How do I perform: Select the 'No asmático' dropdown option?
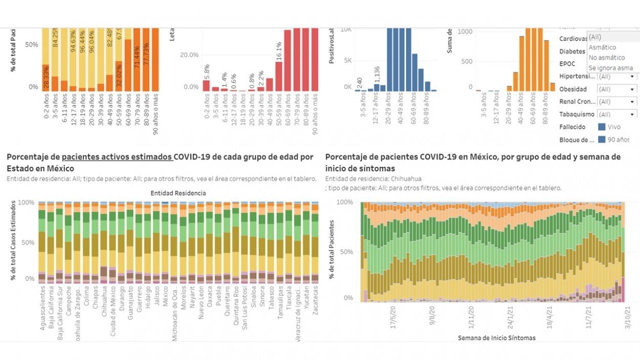[607, 57]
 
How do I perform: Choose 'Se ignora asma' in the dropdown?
[610, 68]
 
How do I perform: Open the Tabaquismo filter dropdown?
[617, 115]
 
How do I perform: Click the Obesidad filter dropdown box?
[617, 89]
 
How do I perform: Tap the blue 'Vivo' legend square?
[602, 126]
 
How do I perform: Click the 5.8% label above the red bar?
[206, 70]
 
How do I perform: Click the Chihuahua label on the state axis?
[104, 303]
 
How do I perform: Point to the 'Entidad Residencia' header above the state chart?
[178, 193]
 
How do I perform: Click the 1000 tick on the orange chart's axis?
[465, 31]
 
